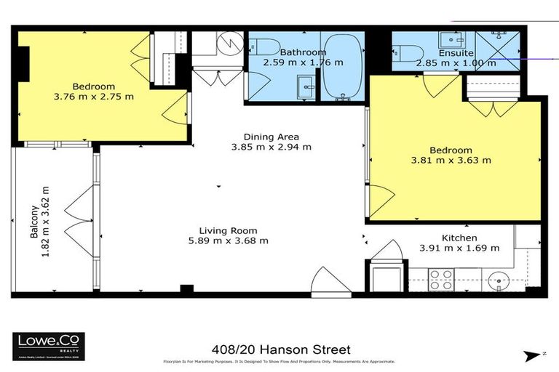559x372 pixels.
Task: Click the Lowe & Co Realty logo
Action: (48, 347)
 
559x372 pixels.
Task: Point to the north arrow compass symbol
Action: (532, 354)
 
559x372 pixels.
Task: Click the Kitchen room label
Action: (459, 238)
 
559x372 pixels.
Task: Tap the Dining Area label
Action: (271, 137)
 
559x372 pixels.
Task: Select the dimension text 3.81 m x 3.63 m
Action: (456, 161)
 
